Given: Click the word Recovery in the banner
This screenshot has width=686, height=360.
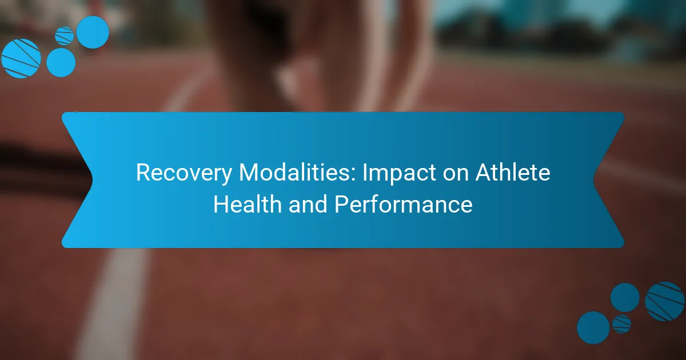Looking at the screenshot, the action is pos(184,173).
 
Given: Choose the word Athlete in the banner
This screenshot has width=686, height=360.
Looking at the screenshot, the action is pos(513,172).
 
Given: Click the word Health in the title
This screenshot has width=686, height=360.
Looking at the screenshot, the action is pos(248,204).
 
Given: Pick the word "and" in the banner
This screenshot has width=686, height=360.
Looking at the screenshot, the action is pos(308,204).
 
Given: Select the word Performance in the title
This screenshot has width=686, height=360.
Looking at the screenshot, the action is pos(404,204).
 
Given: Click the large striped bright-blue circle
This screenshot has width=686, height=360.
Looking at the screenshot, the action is pos(21,58).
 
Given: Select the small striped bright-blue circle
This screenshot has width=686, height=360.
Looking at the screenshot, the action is pos(64,36).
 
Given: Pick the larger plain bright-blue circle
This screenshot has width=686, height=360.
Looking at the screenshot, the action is pos(93,32).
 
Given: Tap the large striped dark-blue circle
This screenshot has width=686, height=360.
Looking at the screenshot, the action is pos(664,302).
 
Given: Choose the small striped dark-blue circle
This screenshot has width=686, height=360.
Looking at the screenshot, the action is pos(622,324).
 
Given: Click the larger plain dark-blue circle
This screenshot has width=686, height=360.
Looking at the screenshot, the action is pos(593,327).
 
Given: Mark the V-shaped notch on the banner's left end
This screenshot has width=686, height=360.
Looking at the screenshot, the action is pos(91,180).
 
